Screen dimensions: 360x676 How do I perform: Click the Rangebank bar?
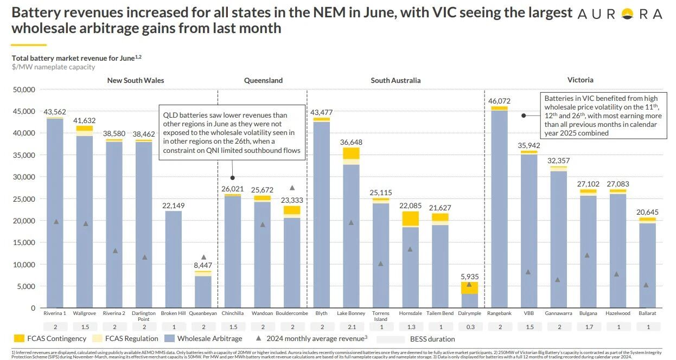[499, 206]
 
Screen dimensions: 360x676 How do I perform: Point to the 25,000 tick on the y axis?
[24, 199]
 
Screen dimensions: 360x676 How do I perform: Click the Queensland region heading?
[263, 80]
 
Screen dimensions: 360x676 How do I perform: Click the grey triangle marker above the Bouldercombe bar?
[292, 188]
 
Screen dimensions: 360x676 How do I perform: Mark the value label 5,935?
[469, 277]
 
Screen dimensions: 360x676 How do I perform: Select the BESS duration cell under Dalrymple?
[469, 326]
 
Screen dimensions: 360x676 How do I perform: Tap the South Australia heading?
[396, 80]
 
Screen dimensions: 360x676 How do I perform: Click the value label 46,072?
[499, 101]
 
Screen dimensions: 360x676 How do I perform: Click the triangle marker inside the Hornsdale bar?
[410, 249]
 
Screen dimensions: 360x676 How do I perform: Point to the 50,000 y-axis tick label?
[24, 89]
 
